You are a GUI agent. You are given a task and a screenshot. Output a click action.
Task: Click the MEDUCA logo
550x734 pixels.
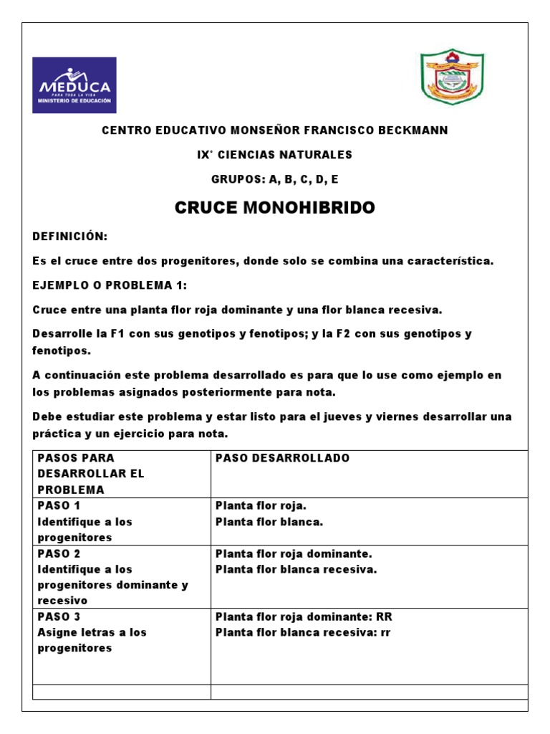tap(74, 85)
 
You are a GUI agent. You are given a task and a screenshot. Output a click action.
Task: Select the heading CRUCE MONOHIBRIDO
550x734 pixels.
tap(275, 208)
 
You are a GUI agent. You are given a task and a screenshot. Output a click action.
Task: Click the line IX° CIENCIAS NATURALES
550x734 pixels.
tap(275, 155)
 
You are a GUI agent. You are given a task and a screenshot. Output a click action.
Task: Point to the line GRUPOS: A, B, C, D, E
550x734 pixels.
tap(275, 179)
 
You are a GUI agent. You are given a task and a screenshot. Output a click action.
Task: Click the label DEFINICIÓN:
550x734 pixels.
tap(70, 237)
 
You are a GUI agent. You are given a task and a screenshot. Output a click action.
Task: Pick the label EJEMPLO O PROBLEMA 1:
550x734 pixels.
tap(110, 285)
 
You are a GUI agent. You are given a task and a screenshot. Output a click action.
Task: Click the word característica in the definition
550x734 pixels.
tap(450, 261)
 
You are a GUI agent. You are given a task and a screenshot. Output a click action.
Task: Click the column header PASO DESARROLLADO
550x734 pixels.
tap(283, 458)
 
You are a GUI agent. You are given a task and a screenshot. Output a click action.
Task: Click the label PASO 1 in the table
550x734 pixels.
tap(54, 505)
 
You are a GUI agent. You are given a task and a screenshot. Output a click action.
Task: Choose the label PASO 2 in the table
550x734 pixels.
tap(54, 553)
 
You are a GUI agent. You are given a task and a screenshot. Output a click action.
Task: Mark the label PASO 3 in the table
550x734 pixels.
tap(54, 616)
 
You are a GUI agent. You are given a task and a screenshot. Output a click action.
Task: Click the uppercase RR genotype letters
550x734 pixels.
tap(383, 616)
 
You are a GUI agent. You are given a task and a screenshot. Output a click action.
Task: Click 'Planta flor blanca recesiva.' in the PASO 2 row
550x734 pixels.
tap(296, 569)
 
